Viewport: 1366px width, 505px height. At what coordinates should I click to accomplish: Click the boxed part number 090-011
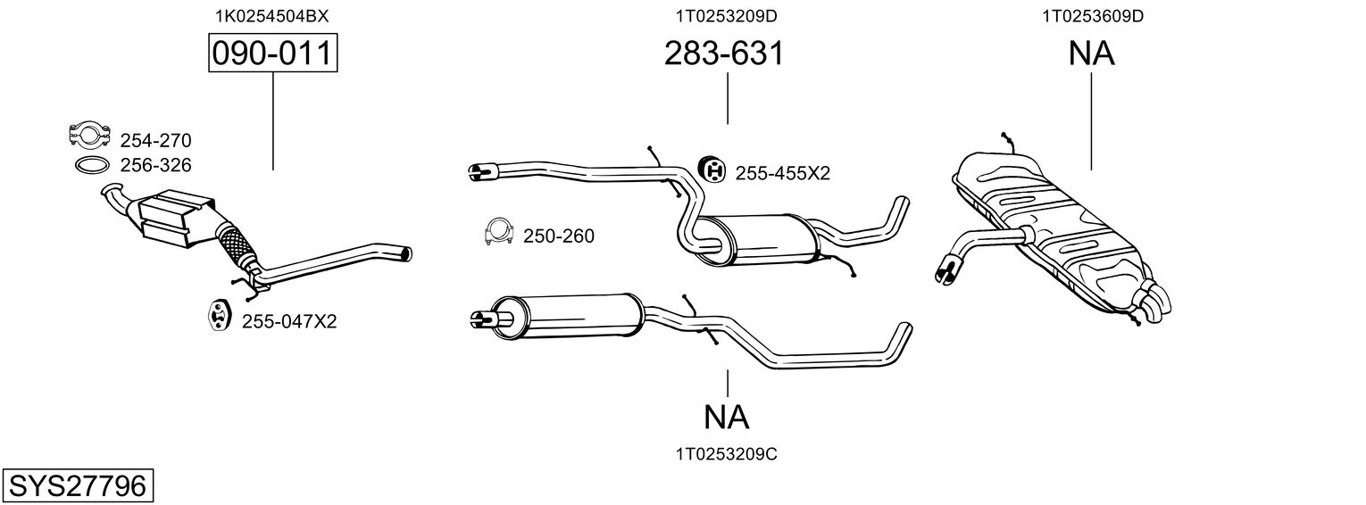coord(272,54)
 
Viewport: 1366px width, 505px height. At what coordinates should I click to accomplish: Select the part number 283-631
coord(724,54)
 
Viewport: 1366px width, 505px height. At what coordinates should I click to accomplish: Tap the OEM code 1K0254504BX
coord(271,16)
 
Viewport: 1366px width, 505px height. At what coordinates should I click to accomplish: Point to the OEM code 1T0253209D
coord(726,16)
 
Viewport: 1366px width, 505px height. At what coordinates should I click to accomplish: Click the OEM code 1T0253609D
coord(1092,16)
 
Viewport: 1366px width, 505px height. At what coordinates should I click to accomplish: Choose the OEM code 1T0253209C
coord(726,454)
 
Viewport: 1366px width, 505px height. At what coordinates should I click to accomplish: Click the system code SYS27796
coord(78,486)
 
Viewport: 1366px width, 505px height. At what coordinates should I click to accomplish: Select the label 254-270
coord(155,141)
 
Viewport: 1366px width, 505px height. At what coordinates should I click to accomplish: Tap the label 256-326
coord(155,165)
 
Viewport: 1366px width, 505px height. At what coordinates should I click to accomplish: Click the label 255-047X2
coord(289,321)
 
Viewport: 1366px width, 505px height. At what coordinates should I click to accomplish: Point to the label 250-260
coord(559,236)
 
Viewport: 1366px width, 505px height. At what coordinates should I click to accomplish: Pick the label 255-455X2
coord(782,174)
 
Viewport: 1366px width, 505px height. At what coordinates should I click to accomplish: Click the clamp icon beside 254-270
coord(89,134)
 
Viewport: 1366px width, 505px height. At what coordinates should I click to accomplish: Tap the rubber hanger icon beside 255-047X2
coord(217,315)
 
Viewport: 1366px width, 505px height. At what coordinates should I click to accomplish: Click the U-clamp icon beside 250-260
coord(499,232)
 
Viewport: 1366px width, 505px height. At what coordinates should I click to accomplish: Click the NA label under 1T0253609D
coord(1092,54)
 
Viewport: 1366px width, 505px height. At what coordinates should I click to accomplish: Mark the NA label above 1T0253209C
coord(726,418)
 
